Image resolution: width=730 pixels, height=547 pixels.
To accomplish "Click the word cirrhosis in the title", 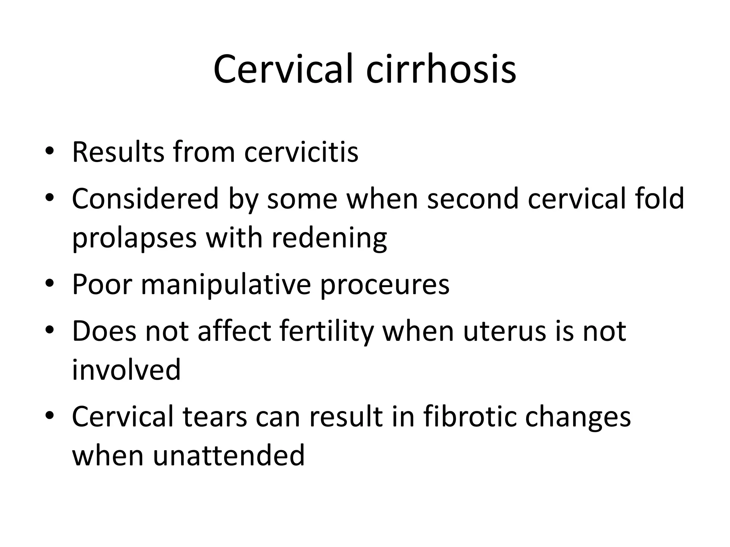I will [x=441, y=69].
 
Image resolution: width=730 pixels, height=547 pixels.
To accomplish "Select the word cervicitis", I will [x=301, y=152].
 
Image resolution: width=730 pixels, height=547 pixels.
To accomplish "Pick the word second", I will [x=473, y=199].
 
